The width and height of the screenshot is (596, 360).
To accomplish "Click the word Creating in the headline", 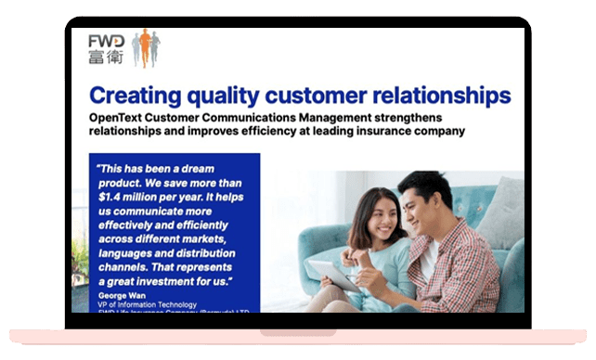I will pyautogui.click(x=138, y=96).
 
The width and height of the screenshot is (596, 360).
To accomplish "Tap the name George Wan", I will pyautogui.click(x=124, y=293).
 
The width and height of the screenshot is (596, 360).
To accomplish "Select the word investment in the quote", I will pyautogui.click(x=172, y=279).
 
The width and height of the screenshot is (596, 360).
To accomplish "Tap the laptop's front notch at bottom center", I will pyautogui.click(x=297, y=330).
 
